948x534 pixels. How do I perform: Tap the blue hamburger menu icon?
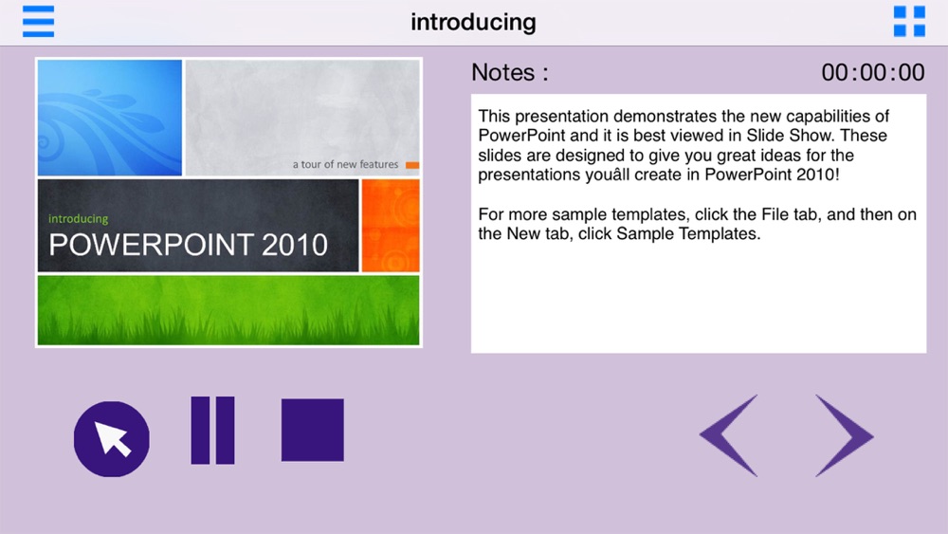pyautogui.click(x=38, y=22)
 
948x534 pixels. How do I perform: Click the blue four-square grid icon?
pyautogui.click(x=909, y=22)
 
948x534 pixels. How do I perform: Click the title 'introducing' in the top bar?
pyautogui.click(x=473, y=23)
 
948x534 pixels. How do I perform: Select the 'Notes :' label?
pyautogui.click(x=510, y=73)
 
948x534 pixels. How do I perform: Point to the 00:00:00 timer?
pyautogui.click(x=872, y=73)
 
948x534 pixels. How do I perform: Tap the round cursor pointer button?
pyautogui.click(x=111, y=438)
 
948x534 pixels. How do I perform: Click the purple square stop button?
pyautogui.click(x=313, y=430)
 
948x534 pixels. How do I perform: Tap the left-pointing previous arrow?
pyautogui.click(x=728, y=435)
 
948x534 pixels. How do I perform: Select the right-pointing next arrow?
pyautogui.click(x=844, y=435)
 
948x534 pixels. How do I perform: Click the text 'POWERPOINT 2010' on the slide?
pyautogui.click(x=188, y=245)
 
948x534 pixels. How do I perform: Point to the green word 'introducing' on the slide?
pyautogui.click(x=78, y=219)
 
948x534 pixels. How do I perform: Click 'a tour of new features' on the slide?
pyautogui.click(x=345, y=164)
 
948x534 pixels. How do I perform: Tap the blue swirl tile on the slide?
pyautogui.click(x=109, y=118)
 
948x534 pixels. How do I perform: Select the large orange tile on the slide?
pyautogui.click(x=390, y=226)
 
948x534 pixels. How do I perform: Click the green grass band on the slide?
pyautogui.click(x=228, y=310)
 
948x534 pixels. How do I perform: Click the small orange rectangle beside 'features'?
pyautogui.click(x=412, y=165)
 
